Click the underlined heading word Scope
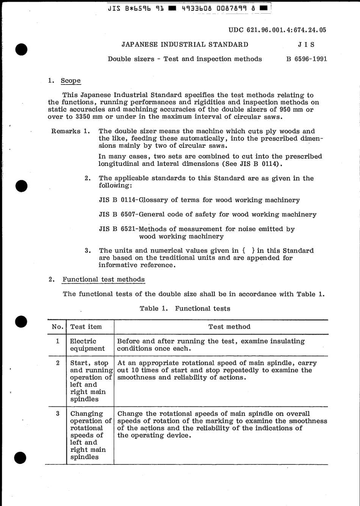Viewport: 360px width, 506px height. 71,81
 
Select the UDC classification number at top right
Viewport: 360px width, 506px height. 277,30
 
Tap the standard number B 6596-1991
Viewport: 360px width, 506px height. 307,59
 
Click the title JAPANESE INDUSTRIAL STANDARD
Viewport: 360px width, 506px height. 185,44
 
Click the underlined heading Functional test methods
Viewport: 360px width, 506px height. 103,280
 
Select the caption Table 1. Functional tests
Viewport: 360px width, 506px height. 185,308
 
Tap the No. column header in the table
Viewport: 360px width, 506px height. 58,327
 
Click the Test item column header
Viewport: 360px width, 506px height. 86,327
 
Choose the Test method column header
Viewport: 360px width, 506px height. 229,327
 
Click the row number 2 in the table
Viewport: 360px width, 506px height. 58,363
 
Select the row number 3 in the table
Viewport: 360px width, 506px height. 58,414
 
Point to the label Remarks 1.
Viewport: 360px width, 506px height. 70,131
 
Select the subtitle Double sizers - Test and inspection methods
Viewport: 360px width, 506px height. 185,59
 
